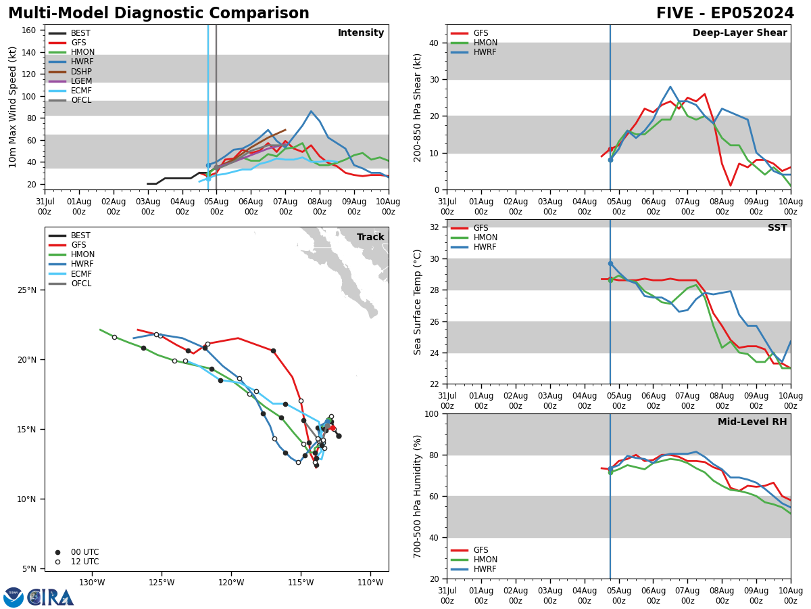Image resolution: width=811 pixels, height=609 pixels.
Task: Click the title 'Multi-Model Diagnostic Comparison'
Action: pyautogui.click(x=158, y=14)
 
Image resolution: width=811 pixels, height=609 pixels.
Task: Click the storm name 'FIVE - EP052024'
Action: pyautogui.click(x=725, y=14)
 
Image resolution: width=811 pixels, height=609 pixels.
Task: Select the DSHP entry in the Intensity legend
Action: pyautogui.click(x=81, y=72)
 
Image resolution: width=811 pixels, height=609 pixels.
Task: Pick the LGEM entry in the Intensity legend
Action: pyautogui.click(x=81, y=81)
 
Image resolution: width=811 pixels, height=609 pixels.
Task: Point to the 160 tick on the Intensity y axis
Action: pyautogui.click(x=30, y=30)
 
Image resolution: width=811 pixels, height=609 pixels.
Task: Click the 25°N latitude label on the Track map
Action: pyautogui.click(x=27, y=290)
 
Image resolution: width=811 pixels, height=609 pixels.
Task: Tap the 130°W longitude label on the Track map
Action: pyautogui.click(x=92, y=583)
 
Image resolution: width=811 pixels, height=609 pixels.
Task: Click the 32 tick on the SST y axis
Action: pyautogui.click(x=435, y=227)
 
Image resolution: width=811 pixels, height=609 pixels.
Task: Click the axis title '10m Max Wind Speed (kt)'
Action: pyautogui.click(x=13, y=107)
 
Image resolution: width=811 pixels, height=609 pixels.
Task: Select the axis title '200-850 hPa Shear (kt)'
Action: pyautogui.click(x=418, y=107)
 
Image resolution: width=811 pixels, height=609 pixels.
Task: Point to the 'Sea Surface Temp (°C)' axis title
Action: pyautogui.click(x=418, y=302)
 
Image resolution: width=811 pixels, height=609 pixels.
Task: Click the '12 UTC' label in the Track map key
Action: pyautogui.click(x=84, y=562)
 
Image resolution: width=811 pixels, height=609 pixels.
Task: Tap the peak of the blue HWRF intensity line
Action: pyautogui.click(x=311, y=111)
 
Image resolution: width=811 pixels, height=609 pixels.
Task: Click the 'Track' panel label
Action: pyautogui.click(x=370, y=238)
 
